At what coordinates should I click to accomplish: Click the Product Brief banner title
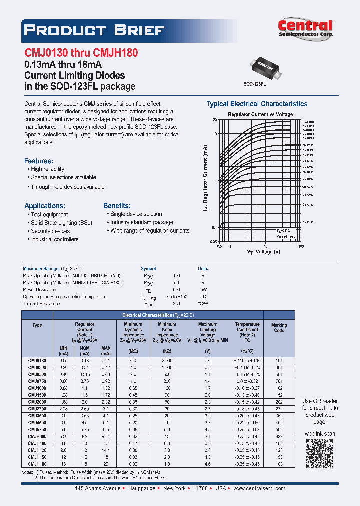(94, 30)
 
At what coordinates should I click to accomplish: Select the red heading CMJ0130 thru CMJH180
(81, 52)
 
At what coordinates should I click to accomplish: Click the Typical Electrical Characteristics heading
(257, 104)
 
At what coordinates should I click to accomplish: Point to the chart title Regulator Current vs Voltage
(260, 114)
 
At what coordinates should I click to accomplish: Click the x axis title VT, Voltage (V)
(263, 252)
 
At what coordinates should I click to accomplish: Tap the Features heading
(38, 161)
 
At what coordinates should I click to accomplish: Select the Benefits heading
(117, 205)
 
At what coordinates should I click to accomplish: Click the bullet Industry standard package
(142, 222)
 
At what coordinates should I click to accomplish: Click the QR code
(318, 453)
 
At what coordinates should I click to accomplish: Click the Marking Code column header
(279, 328)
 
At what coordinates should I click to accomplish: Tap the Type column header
(37, 325)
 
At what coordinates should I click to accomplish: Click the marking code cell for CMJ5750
(279, 429)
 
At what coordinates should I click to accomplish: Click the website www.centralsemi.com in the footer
(259, 488)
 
